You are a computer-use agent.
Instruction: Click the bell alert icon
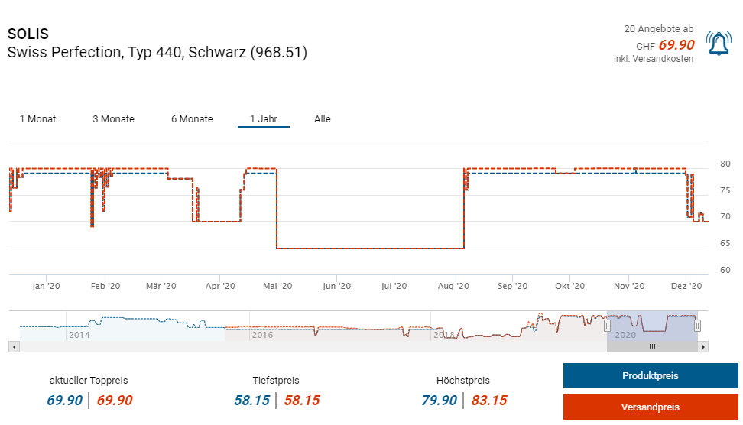click(x=719, y=45)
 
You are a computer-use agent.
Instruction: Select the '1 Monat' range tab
click(x=37, y=119)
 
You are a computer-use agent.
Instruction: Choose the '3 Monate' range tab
click(x=113, y=119)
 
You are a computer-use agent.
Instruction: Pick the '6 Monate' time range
click(x=192, y=119)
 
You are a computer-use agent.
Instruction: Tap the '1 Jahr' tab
click(x=264, y=119)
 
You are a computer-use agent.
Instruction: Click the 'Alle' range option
click(x=323, y=119)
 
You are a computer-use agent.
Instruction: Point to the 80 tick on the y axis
click(x=725, y=164)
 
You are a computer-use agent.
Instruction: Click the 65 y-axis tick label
click(x=725, y=244)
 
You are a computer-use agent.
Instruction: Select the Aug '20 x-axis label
click(x=453, y=286)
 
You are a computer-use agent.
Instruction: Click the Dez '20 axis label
click(x=686, y=286)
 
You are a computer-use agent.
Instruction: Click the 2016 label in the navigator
click(x=262, y=335)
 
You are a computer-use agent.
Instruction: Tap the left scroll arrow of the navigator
click(x=13, y=346)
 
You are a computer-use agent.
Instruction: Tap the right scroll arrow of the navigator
click(x=703, y=346)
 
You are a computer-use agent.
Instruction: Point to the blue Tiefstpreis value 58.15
click(x=251, y=401)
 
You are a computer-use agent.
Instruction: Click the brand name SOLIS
click(x=28, y=34)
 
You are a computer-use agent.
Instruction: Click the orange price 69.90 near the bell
click(x=676, y=45)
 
